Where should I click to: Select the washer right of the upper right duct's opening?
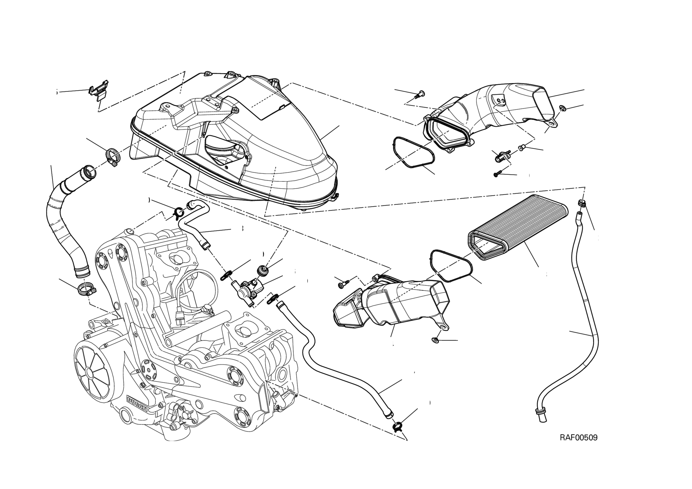tap(562, 108)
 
